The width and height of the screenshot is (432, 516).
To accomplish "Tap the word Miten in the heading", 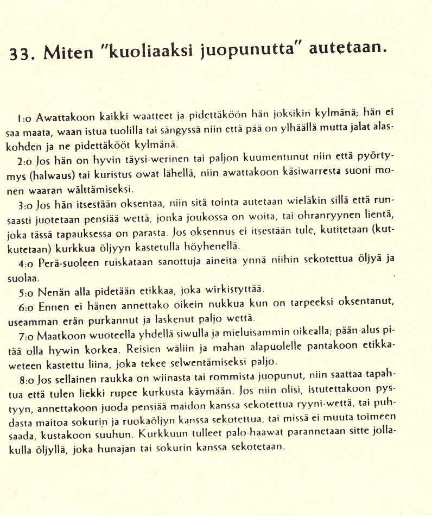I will [67, 53].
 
